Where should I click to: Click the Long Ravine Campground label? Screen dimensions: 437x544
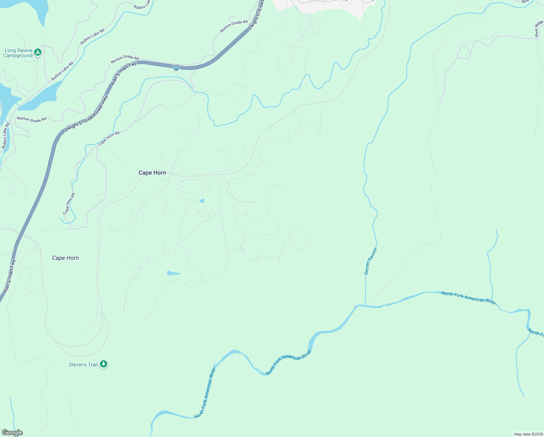(18, 53)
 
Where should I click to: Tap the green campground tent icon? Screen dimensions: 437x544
(38, 52)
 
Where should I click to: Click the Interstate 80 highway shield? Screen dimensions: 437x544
(176, 68)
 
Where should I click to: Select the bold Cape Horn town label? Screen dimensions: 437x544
(152, 173)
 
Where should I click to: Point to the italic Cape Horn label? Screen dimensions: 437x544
(65, 258)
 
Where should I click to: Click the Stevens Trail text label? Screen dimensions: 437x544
(83, 365)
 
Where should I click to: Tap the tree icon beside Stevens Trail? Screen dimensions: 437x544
(104, 364)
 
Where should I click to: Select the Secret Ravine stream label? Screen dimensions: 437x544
(371, 261)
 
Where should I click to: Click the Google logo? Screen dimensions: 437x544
(12, 433)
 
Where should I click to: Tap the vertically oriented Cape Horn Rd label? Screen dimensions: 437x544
(69, 204)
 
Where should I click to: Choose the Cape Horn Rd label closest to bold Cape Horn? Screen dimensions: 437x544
(109, 138)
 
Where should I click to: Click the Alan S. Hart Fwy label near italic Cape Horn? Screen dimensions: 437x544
(10, 276)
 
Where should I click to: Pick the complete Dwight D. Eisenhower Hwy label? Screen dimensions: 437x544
(86, 114)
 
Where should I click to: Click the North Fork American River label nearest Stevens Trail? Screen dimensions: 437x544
(205, 393)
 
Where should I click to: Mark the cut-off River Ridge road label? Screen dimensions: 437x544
(539, 29)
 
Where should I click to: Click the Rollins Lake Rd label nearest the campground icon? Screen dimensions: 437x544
(62, 71)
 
